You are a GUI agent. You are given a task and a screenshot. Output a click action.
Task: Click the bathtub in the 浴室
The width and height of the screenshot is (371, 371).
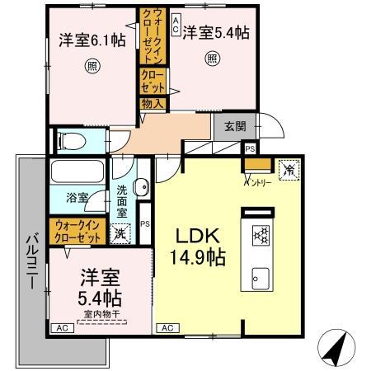pyautogui.click(x=77, y=174)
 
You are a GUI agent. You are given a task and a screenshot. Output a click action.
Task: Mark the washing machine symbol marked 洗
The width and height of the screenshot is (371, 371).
pyautogui.click(x=120, y=233)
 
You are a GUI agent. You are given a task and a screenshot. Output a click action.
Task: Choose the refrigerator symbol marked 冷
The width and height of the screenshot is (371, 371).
pyautogui.click(x=290, y=167)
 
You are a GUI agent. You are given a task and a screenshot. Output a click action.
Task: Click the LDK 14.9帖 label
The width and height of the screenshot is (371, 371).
pyautogui.click(x=195, y=246)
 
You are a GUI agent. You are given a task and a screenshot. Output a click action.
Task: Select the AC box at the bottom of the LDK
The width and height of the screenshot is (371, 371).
pyautogui.click(x=167, y=327)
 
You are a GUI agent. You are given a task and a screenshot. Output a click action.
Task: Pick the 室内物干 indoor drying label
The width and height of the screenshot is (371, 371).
pyautogui.click(x=101, y=314)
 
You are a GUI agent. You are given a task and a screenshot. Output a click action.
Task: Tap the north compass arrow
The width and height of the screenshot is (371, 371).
pyautogui.click(x=334, y=347)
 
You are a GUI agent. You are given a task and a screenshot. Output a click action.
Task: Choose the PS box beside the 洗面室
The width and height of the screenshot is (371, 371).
pyautogui.click(x=145, y=223)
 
